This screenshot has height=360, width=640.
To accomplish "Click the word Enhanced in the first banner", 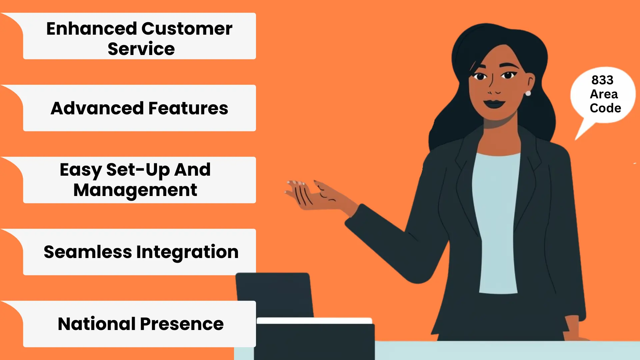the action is pyautogui.click(x=91, y=29).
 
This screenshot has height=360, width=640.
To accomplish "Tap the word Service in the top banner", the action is pyautogui.click(x=141, y=49).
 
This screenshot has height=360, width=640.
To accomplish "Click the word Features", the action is pyautogui.click(x=188, y=108).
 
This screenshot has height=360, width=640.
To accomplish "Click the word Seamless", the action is pyautogui.click(x=88, y=252).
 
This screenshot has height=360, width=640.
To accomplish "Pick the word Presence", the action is pyautogui.click(x=182, y=324).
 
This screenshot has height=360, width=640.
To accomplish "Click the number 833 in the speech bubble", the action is pyautogui.click(x=602, y=80).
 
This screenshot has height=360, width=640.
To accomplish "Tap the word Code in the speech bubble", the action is pyautogui.click(x=605, y=108).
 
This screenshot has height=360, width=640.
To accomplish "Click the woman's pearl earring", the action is pyautogui.click(x=528, y=93).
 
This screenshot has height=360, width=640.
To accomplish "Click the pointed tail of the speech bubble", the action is pyautogui.click(x=576, y=139).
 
